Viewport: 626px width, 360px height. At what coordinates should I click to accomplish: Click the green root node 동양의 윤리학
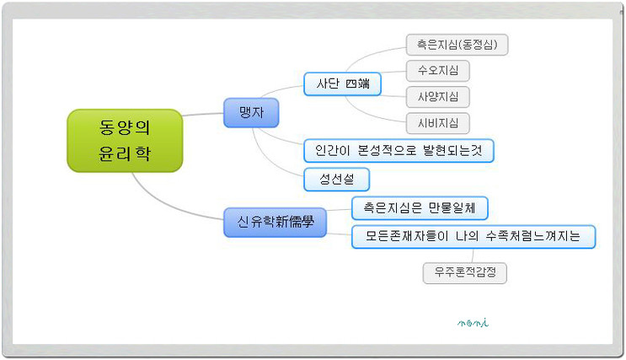125,141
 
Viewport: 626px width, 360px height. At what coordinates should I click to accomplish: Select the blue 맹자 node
251,113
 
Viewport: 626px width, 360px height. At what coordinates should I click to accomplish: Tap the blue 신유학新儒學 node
275,222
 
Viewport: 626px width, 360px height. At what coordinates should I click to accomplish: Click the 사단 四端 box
343,84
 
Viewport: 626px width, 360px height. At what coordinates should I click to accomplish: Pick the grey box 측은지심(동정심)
457,45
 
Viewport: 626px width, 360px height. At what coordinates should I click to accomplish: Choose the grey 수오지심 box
438,71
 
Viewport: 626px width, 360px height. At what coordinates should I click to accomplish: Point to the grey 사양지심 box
438,97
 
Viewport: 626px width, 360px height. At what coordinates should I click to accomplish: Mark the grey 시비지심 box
438,123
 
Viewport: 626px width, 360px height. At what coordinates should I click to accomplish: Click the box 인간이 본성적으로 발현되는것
399,151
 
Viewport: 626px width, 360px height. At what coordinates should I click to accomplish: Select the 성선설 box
336,180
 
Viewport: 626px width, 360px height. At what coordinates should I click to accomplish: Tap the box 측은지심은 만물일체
420,208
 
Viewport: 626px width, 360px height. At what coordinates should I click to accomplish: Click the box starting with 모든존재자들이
474,237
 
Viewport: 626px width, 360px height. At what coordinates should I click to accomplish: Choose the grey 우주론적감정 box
465,273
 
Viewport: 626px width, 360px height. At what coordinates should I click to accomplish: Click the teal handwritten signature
474,322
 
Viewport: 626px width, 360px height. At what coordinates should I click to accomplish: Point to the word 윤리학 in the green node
125,153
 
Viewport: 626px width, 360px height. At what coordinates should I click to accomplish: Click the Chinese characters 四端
357,83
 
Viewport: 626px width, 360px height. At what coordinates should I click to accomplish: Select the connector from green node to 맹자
203,115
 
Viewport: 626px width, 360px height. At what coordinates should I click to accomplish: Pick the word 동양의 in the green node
125,127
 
